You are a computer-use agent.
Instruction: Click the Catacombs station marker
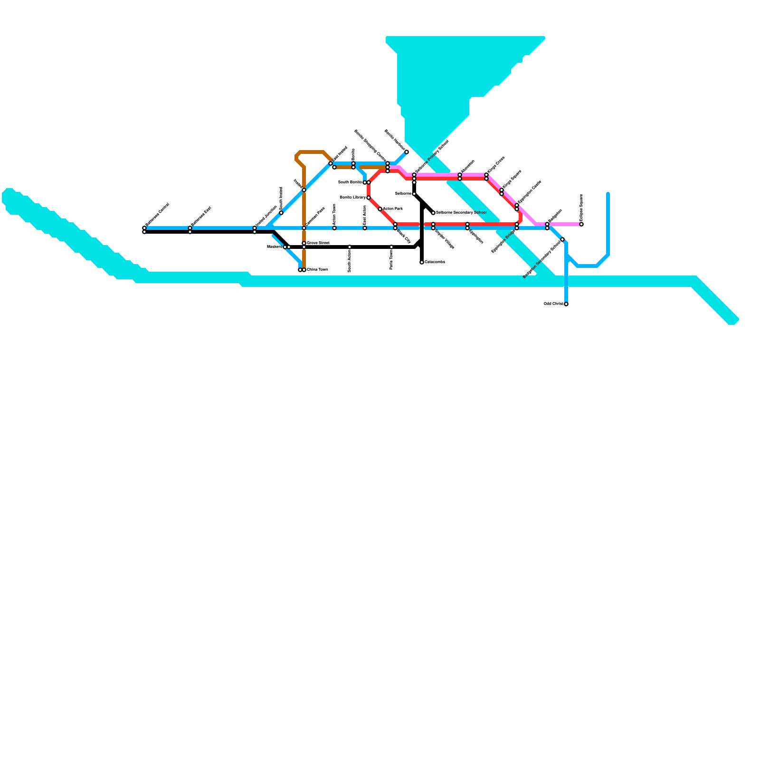click(422, 262)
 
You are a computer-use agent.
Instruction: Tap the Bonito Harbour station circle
click(407, 152)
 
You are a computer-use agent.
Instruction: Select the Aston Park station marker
click(380, 209)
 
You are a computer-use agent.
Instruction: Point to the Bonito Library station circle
click(369, 198)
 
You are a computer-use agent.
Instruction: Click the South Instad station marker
click(281, 213)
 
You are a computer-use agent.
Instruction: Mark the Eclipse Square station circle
click(581, 224)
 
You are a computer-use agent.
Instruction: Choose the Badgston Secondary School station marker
click(562, 239)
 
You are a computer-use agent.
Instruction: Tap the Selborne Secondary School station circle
click(433, 213)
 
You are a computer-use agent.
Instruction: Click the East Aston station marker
click(365, 228)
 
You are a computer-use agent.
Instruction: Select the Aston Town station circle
click(334, 228)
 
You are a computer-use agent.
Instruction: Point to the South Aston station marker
click(350, 247)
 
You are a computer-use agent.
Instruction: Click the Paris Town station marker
click(391, 247)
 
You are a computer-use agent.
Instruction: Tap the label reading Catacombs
click(435, 262)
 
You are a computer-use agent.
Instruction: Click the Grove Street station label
click(318, 243)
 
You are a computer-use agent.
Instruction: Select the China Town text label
click(317, 270)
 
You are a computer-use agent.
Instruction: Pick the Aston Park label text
click(393, 209)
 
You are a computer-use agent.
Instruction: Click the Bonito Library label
click(352, 198)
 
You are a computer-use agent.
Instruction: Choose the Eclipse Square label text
click(581, 207)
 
